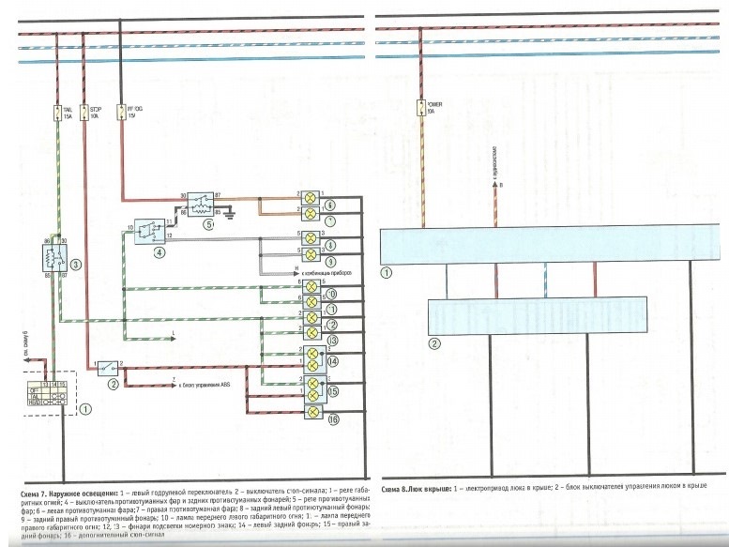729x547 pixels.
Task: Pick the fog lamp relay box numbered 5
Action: [199, 204]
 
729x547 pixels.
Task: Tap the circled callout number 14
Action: [331, 359]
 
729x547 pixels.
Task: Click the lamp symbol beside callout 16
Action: [311, 412]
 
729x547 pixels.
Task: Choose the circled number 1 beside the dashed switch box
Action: [86, 408]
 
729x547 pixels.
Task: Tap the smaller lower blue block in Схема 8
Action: [536, 316]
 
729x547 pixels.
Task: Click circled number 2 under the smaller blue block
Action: [434, 343]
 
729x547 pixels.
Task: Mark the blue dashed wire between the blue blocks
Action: [546, 281]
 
